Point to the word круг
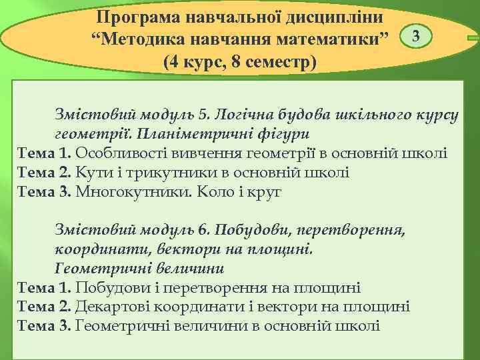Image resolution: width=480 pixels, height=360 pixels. pyautogui.click(x=267, y=193)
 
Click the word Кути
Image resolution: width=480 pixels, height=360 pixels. pyautogui.click(x=89, y=173)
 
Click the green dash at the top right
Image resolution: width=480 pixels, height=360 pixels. pyautogui.click(x=473, y=40)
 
